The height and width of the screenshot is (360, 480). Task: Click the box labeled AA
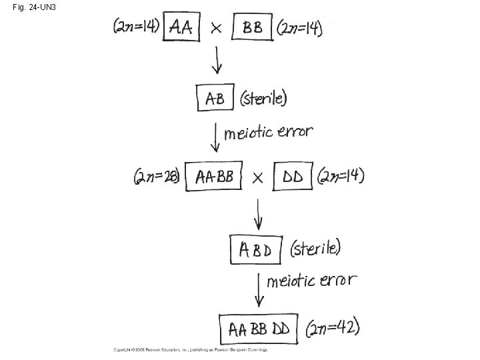[181, 28]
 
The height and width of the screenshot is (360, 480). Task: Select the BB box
[252, 28]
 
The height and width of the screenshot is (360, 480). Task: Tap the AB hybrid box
[215, 98]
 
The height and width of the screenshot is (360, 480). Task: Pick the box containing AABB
[213, 177]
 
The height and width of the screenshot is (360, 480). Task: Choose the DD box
[293, 177]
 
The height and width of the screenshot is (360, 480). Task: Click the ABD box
[257, 250]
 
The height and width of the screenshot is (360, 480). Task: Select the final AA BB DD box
[259, 328]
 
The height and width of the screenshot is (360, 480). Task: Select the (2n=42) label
[333, 328]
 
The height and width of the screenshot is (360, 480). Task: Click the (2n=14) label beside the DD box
[341, 176]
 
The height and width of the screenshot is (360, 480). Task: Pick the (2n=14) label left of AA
[136, 27]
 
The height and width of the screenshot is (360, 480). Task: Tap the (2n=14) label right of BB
[299, 28]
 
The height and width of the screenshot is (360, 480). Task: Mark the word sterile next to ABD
[316, 249]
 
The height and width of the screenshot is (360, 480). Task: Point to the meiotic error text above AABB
[268, 131]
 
